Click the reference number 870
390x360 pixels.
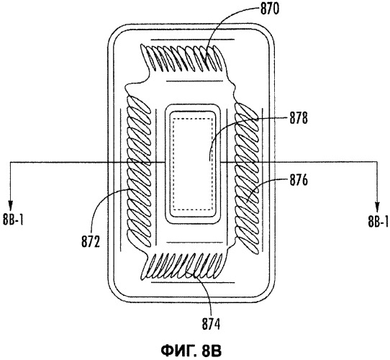pos(270,9)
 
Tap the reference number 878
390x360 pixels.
pos(299,118)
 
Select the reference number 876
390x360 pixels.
pos(299,180)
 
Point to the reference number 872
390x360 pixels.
pos(91,241)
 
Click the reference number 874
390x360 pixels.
pos(211,324)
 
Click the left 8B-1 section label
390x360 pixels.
pos(13,220)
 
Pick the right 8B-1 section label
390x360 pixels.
pos(378,221)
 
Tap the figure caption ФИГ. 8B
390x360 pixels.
pos(191,351)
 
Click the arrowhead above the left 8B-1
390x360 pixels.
pos(10,204)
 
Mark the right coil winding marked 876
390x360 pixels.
pos(247,178)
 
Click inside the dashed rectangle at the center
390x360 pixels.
pos(193,163)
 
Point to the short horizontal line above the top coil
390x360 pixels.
pos(193,40)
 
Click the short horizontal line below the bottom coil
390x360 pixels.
pos(193,282)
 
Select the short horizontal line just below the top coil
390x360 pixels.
pos(194,81)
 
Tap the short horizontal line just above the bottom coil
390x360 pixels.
pos(194,242)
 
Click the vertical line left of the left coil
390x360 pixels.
pos(121,180)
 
